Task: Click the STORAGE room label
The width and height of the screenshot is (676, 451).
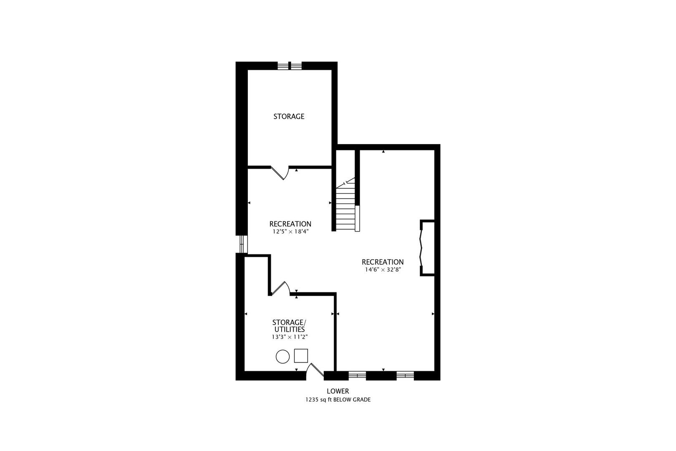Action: (x=289, y=117)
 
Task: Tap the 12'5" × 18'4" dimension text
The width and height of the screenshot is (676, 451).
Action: (x=290, y=231)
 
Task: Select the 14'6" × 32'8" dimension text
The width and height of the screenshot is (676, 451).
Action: (x=383, y=269)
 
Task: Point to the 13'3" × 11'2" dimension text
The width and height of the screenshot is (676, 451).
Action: (x=289, y=337)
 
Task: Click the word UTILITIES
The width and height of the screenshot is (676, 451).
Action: (x=289, y=329)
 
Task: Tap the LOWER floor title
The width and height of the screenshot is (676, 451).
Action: (x=338, y=391)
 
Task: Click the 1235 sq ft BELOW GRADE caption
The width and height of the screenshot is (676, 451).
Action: (x=338, y=400)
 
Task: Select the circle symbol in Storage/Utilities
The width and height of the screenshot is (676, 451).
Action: (x=283, y=357)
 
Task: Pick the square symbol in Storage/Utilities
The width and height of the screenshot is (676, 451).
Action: (x=301, y=355)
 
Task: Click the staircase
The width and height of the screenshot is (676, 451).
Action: (x=346, y=207)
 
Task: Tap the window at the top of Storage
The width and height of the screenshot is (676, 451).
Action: (x=290, y=66)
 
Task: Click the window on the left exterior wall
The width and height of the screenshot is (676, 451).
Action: (x=242, y=244)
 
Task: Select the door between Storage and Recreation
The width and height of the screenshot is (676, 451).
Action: (x=280, y=172)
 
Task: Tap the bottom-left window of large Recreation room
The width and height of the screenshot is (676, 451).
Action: (x=357, y=375)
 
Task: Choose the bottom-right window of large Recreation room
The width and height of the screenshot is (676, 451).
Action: (x=405, y=375)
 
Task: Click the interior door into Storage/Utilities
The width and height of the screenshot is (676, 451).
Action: (x=280, y=289)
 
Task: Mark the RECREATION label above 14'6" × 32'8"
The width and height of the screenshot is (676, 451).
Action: (x=383, y=262)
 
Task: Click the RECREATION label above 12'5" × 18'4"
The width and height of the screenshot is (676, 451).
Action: (x=290, y=224)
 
